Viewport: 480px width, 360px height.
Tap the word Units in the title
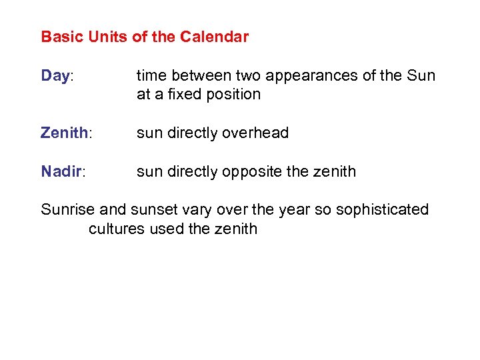[102, 37]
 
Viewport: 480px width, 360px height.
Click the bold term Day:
[57, 76]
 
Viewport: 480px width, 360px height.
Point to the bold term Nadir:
[63, 171]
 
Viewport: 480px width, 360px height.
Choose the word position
[234, 94]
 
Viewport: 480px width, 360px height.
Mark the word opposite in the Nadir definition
[253, 172]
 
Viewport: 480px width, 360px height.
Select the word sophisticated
[383, 210]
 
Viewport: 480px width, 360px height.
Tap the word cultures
[114, 229]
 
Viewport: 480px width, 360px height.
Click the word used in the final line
[162, 229]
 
